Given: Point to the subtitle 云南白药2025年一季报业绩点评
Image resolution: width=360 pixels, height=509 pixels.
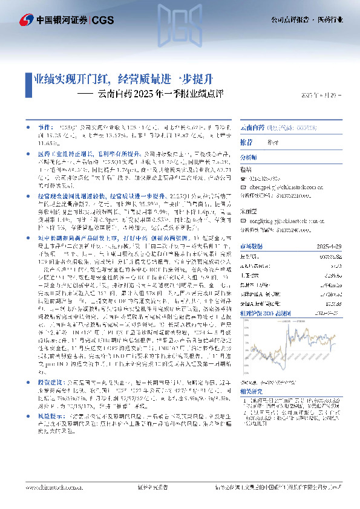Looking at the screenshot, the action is pos(160,95).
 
